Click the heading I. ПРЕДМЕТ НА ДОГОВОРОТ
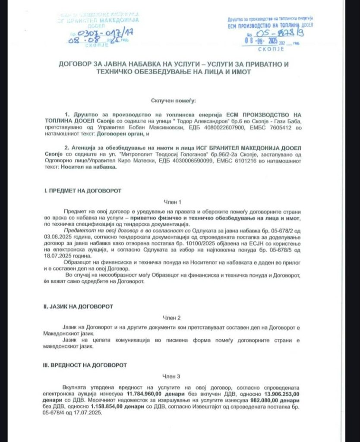coord(83,190)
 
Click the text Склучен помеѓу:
coord(173,101)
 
